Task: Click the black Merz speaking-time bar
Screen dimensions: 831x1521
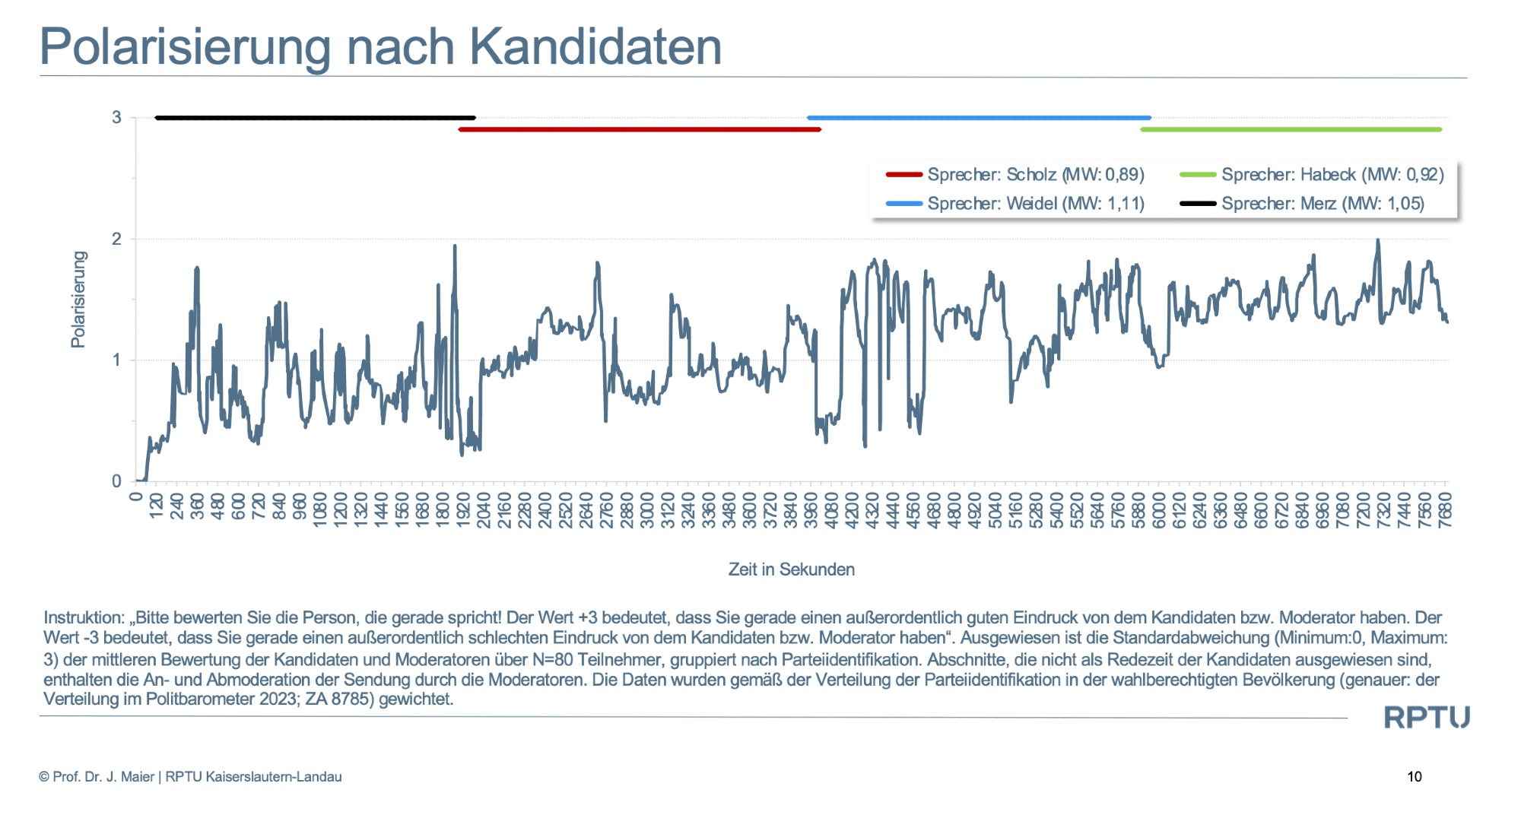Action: point(315,118)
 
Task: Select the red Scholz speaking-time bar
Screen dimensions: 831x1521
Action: point(639,129)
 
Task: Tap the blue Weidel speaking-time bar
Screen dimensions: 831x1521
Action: point(979,118)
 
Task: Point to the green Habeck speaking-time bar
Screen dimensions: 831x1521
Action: point(1291,129)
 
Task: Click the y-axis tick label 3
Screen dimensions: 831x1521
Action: point(116,118)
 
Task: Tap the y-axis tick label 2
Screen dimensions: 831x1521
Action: point(116,239)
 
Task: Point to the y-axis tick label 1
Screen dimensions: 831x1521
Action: point(116,360)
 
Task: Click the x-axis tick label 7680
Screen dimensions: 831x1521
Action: point(1446,506)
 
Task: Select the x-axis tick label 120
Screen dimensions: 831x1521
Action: point(156,506)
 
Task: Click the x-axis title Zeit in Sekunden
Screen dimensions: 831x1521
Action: point(791,569)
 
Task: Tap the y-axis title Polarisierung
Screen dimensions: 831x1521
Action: point(78,300)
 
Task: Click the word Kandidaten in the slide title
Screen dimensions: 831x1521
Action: point(595,47)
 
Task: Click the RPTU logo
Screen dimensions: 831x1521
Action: point(1426,717)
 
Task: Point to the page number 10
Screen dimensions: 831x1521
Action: point(1415,776)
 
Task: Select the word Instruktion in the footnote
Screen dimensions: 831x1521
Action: point(84,617)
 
